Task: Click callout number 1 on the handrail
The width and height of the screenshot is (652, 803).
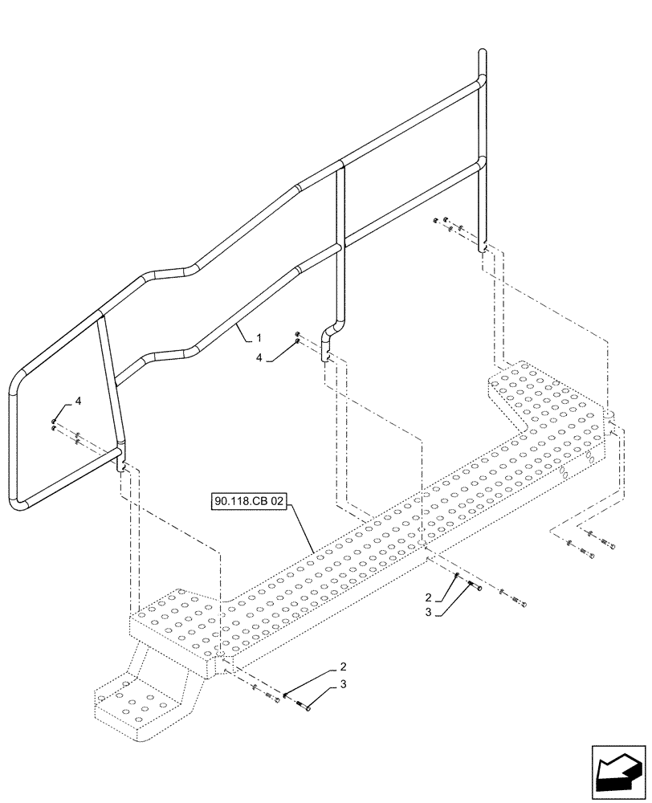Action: (259, 339)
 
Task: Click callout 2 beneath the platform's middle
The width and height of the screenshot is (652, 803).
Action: (429, 597)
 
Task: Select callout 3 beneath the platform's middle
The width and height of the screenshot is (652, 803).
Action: (429, 612)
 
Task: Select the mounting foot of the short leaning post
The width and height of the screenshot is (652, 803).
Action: (122, 462)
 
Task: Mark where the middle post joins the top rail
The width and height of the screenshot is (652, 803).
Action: (342, 165)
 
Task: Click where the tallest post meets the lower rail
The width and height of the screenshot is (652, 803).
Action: (482, 161)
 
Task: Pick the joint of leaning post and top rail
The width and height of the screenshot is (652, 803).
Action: (100, 316)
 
